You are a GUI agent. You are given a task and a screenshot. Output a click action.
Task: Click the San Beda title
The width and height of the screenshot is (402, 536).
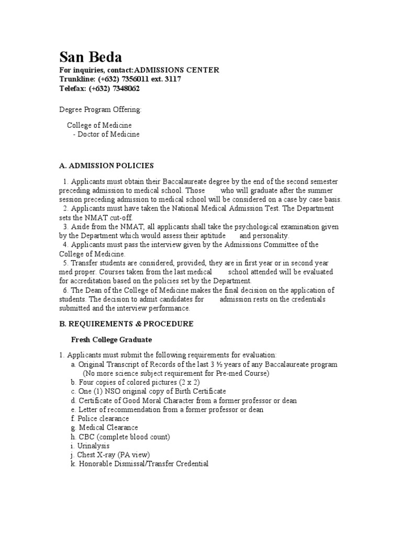[x=90, y=57]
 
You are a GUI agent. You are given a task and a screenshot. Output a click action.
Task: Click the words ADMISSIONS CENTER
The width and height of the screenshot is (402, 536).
[x=177, y=70]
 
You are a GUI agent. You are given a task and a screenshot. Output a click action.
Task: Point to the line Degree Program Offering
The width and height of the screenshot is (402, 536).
[x=100, y=109]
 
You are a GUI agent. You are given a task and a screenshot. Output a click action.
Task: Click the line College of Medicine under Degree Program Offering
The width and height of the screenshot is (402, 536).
[x=99, y=125]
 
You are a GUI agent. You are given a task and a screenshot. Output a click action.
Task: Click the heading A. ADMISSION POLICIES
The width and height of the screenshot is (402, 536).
[x=106, y=165]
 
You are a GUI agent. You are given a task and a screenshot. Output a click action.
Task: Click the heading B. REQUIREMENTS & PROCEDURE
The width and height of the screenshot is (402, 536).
[x=126, y=323]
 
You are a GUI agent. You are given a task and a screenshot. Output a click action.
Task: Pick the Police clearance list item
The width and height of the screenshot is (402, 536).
[x=103, y=419]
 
